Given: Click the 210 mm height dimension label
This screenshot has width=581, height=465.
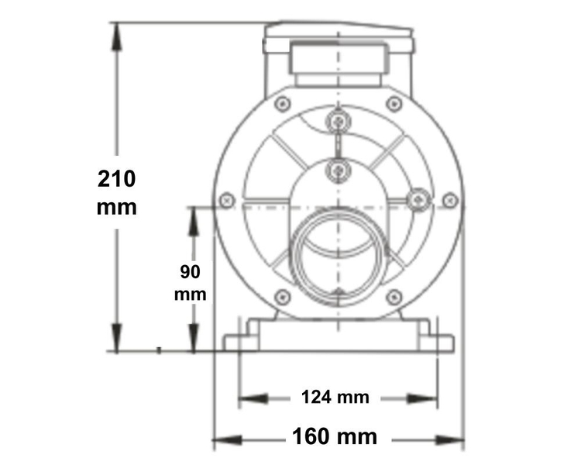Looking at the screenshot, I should click(x=117, y=193).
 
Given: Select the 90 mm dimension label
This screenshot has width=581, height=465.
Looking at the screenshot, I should click(x=191, y=283).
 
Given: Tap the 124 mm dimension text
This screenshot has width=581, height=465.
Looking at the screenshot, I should click(x=335, y=398).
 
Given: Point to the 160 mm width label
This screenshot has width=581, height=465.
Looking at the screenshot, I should click(x=335, y=436).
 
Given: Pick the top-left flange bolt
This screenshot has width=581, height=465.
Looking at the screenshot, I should click(x=283, y=103).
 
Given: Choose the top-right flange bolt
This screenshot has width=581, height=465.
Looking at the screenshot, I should click(x=394, y=103).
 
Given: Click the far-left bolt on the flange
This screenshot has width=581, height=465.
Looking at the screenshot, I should click(x=227, y=200).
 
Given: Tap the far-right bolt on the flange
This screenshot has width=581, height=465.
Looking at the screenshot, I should click(x=449, y=200).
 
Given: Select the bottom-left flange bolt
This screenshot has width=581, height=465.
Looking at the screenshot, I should click(x=283, y=296).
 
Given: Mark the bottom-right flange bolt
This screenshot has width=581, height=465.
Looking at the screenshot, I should click(x=394, y=296).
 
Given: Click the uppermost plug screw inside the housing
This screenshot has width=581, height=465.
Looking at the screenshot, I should click(x=338, y=121).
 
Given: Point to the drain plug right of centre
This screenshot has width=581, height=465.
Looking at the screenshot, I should click(x=418, y=200).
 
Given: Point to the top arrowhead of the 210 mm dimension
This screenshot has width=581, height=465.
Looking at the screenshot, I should click(x=117, y=29).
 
